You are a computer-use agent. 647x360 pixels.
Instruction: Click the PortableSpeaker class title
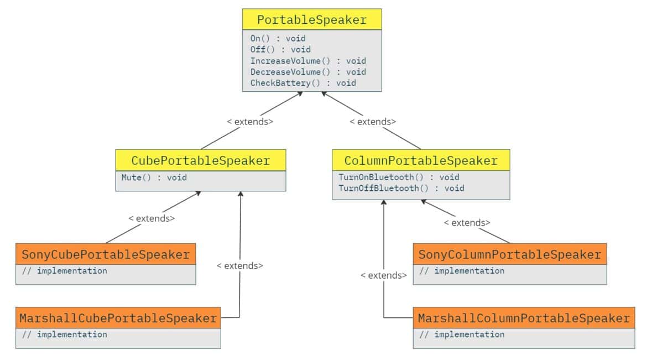tap(312, 20)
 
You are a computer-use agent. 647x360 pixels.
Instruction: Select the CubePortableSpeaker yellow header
tap(200, 161)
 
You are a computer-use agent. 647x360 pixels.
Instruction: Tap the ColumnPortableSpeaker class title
tap(421, 161)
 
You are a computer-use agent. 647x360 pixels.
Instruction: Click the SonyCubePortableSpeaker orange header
tap(106, 255)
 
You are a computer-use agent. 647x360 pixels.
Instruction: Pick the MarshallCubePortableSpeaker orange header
tap(118, 319)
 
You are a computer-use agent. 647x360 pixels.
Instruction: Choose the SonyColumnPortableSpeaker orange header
tap(509, 255)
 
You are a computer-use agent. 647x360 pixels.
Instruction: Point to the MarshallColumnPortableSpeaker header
tap(524, 319)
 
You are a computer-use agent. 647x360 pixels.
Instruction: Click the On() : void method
tap(278, 39)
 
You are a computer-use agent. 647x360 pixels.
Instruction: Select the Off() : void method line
tap(280, 50)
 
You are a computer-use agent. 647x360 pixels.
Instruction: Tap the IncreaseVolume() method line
tap(308, 61)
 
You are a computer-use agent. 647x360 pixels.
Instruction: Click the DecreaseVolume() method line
tap(308, 72)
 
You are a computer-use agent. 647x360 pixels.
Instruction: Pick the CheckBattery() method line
tap(303, 83)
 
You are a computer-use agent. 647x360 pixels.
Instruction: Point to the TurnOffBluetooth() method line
tap(401, 189)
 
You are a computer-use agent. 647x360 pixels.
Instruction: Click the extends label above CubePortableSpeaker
tap(250, 122)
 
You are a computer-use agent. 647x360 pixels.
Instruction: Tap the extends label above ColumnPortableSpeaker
tap(373, 122)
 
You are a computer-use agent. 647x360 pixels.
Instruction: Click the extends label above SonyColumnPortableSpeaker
tap(467, 223)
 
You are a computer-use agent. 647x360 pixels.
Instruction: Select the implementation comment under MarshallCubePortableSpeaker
tap(65, 335)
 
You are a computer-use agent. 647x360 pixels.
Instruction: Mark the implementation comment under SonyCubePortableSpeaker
tap(65, 271)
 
